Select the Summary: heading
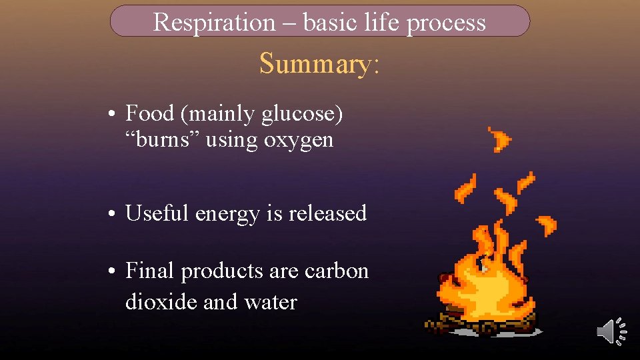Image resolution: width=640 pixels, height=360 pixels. click(x=319, y=63)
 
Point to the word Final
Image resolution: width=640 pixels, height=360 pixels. click(x=150, y=271)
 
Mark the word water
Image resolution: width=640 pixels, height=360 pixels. click(x=269, y=303)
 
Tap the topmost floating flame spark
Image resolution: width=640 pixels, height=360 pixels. click(x=500, y=138)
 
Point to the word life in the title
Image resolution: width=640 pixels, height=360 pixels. click(x=383, y=22)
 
